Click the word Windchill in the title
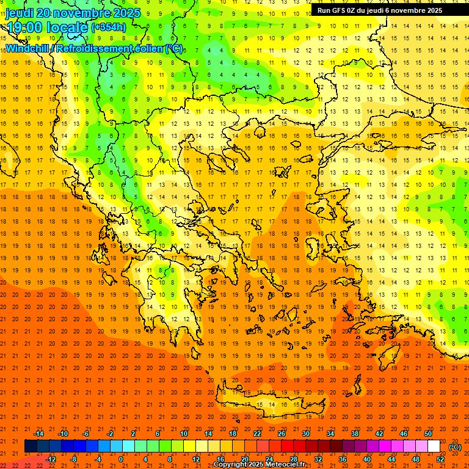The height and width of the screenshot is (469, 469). coord(28,48)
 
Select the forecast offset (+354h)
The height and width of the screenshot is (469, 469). coord(109,27)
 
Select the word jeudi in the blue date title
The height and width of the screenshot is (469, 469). coord(21,12)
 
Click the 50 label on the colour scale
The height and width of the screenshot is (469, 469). coord(428,434)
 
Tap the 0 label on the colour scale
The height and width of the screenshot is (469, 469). coord(121,459)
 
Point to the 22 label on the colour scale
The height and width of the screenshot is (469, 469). coord(257,434)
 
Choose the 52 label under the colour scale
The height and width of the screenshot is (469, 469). coord(440,459)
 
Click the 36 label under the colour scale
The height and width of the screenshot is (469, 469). coord(343,459)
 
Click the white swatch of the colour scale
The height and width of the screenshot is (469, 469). coord(434,446)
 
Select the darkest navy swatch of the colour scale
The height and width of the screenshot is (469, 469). coord(31,446)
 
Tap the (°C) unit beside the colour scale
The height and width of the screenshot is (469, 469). coord(455,447)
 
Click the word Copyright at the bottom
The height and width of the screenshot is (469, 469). coord(232,465)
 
